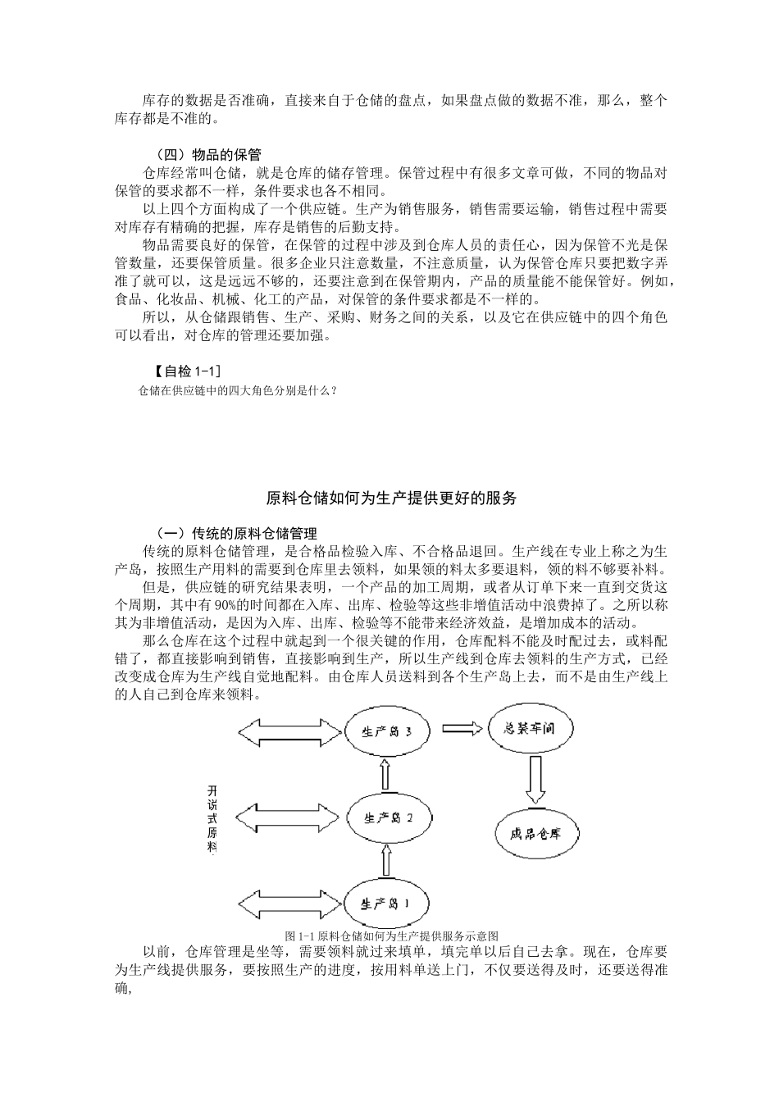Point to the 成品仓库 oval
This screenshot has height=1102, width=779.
coord(536,834)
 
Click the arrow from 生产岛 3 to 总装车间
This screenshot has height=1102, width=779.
coord(461,728)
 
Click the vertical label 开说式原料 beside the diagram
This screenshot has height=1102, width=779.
coord(212,820)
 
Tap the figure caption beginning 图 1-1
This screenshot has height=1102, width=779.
coord(391,936)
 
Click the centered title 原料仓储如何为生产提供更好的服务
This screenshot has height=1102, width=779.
coord(392,498)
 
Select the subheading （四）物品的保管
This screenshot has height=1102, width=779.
coord(208,155)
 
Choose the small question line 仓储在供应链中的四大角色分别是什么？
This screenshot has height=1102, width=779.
coord(238,391)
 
